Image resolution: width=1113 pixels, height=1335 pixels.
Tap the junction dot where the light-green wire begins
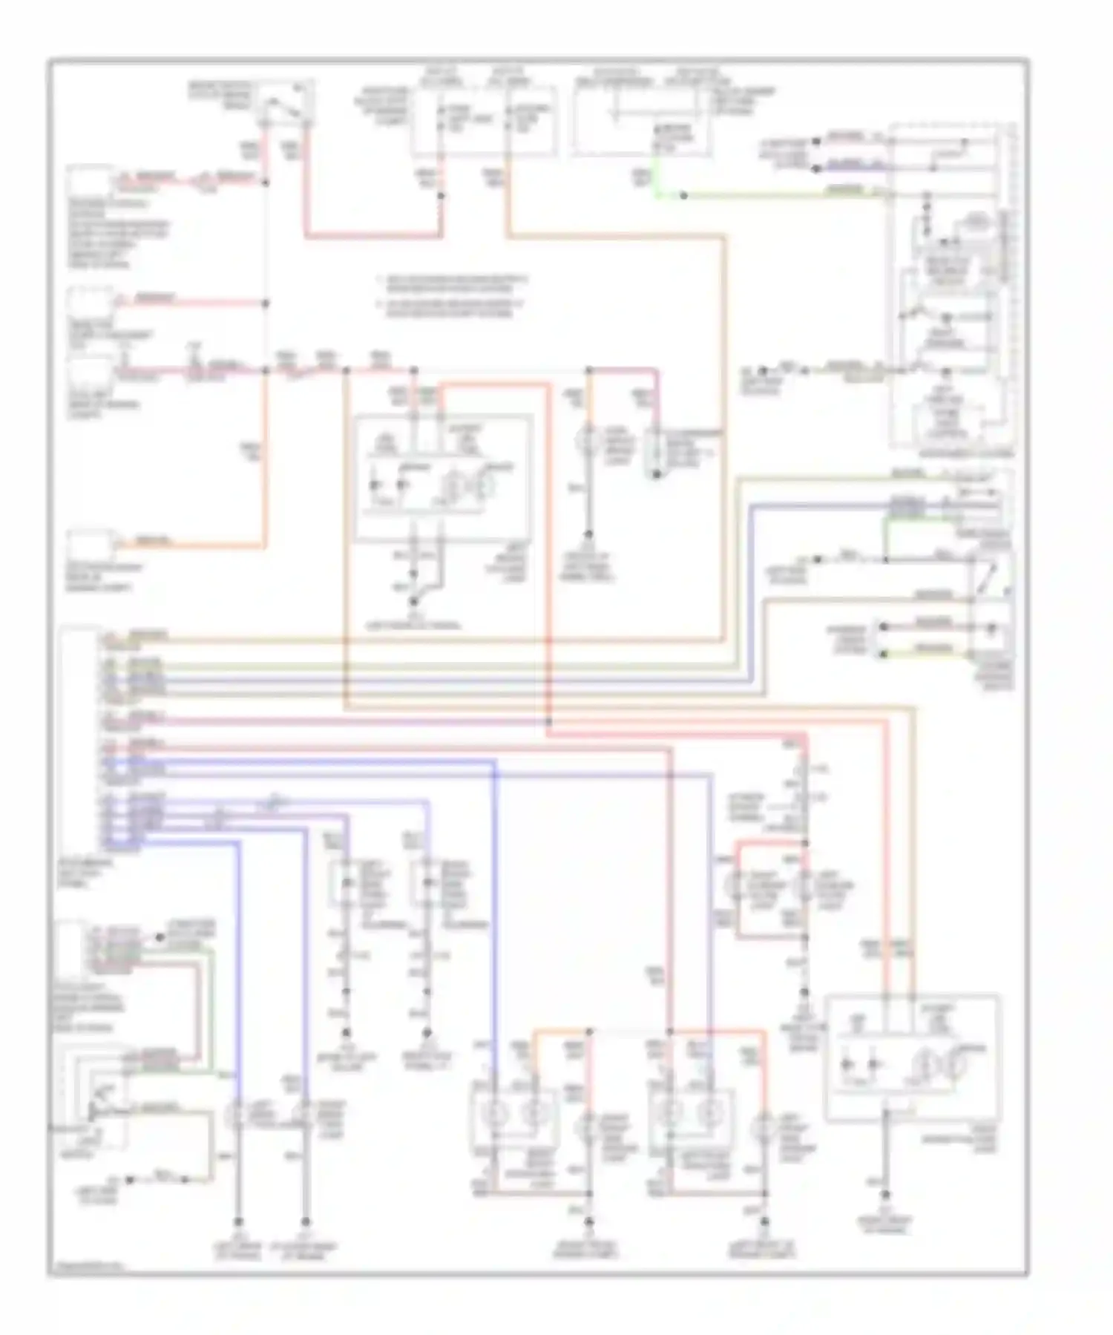683,195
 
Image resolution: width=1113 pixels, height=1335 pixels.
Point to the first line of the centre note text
453,281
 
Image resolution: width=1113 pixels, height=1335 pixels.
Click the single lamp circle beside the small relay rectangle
590,442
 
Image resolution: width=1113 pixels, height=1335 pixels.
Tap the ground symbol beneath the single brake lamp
589,534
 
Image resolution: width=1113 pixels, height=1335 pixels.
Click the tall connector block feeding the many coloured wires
80,738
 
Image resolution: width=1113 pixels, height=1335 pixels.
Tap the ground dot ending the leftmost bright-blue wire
238,1221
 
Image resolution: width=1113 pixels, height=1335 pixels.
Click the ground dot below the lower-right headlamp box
884,1195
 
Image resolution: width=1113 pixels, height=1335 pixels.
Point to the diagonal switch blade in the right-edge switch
987,580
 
